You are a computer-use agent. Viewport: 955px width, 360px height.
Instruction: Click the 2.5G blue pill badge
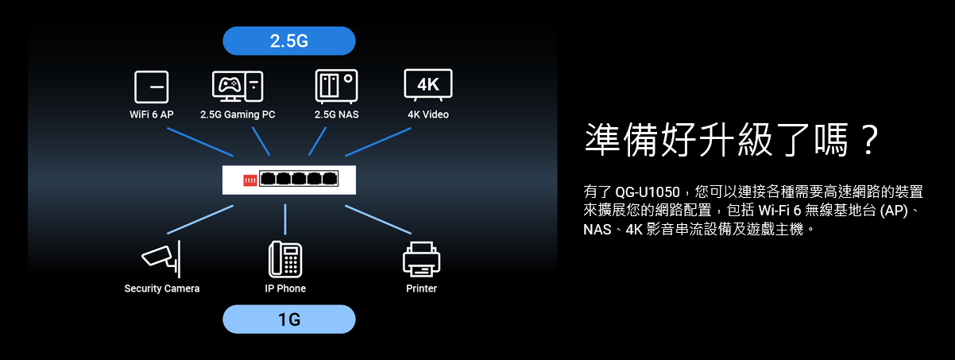tap(288, 41)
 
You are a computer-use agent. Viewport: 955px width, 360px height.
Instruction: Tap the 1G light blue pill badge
tap(288, 319)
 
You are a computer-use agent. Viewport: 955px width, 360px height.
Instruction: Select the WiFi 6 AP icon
tap(151, 86)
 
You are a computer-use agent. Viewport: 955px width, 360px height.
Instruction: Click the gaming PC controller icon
tap(238, 86)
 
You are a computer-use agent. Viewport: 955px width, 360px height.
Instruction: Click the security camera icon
tap(162, 255)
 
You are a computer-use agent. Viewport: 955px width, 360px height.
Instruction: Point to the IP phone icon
tap(285, 258)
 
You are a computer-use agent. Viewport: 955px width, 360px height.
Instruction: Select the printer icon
tap(421, 258)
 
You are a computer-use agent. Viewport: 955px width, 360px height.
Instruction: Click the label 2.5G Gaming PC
tap(238, 114)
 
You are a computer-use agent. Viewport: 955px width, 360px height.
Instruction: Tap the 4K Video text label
tap(428, 114)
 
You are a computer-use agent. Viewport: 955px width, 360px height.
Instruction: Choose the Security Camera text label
tap(162, 288)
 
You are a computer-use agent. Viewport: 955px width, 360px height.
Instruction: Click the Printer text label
tap(421, 288)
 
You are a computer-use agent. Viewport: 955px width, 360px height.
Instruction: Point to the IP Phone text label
tap(285, 288)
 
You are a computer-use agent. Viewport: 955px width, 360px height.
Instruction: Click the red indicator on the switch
tap(249, 180)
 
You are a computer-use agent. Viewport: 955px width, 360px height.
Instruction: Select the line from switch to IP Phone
tap(285, 219)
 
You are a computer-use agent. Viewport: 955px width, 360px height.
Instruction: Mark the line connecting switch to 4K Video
tap(377, 141)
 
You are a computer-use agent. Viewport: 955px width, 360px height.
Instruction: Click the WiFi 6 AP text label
tap(151, 114)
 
